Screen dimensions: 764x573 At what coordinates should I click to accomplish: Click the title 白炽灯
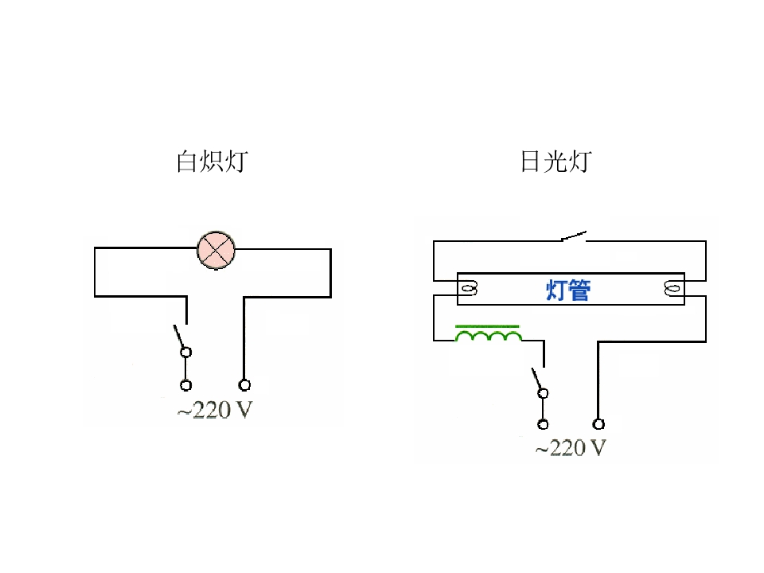[x=212, y=162]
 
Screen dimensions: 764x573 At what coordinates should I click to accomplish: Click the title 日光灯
[x=556, y=162]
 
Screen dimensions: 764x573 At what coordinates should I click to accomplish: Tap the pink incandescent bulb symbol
[x=216, y=250]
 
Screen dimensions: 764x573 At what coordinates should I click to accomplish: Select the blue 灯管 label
[x=568, y=290]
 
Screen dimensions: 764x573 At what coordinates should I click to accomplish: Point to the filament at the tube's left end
[x=469, y=289]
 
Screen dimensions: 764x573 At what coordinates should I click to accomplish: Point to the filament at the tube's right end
[x=672, y=289]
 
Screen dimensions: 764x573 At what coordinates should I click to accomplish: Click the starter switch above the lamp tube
[x=574, y=236]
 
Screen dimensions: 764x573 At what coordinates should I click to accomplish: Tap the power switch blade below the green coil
[x=536, y=379]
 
